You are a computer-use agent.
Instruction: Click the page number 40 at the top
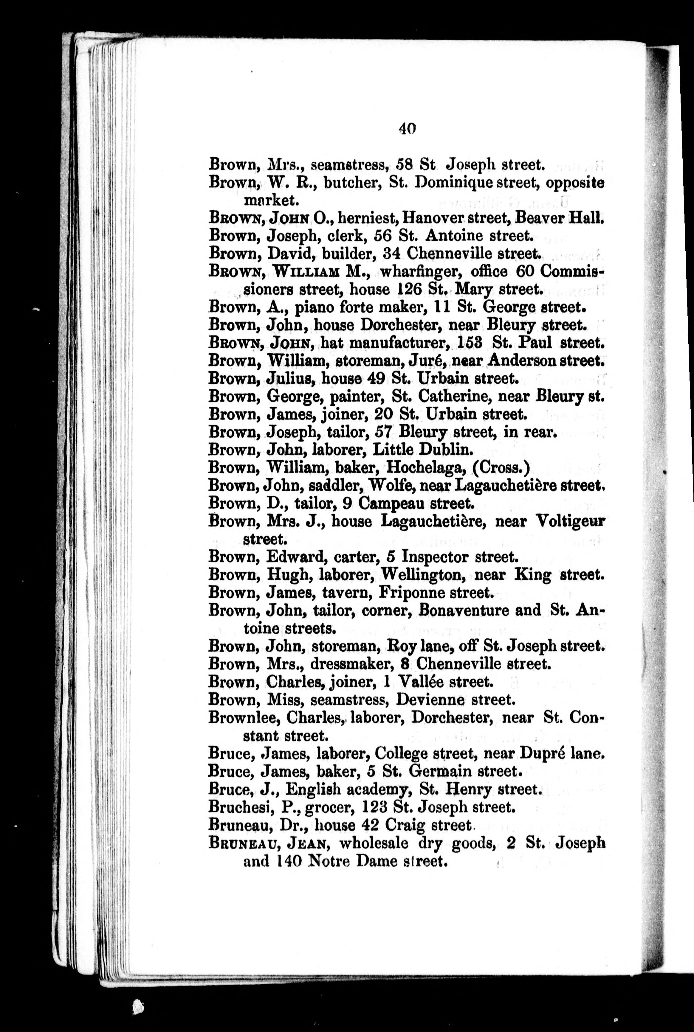(x=407, y=128)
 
